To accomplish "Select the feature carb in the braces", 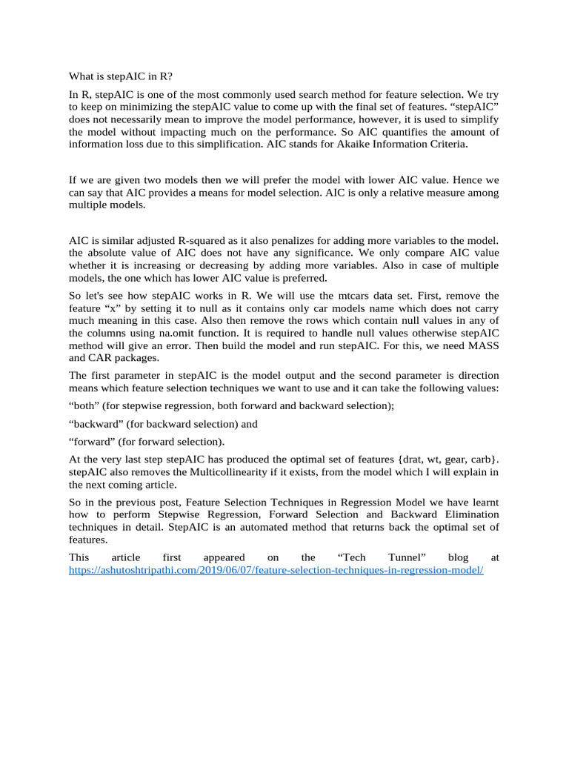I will click(480, 460).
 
